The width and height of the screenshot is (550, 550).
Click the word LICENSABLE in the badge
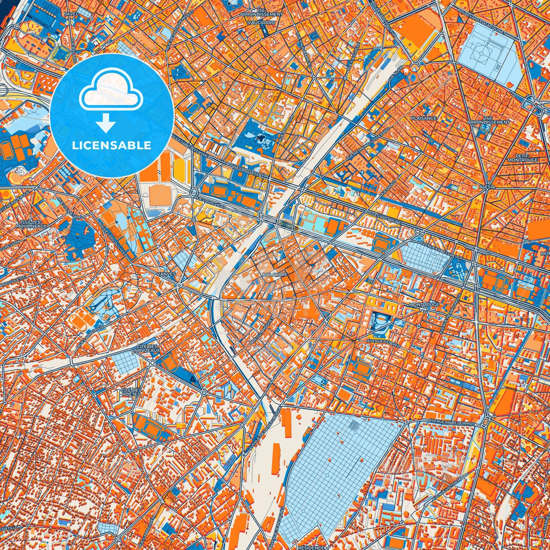112,146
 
